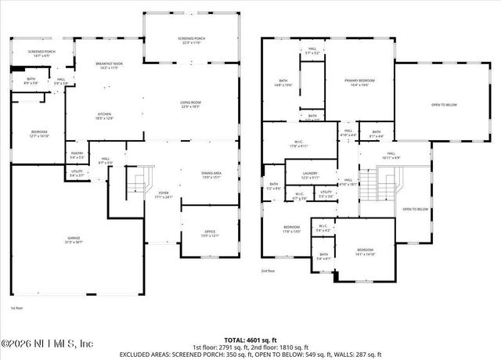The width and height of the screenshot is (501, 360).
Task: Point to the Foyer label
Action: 163,193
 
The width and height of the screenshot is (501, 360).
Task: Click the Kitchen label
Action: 104,115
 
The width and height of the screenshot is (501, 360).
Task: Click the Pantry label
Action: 77,155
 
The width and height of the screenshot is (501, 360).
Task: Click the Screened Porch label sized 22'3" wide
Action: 191,41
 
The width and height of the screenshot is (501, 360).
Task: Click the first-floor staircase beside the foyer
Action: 136,185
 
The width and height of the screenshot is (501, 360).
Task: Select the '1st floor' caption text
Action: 17,308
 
